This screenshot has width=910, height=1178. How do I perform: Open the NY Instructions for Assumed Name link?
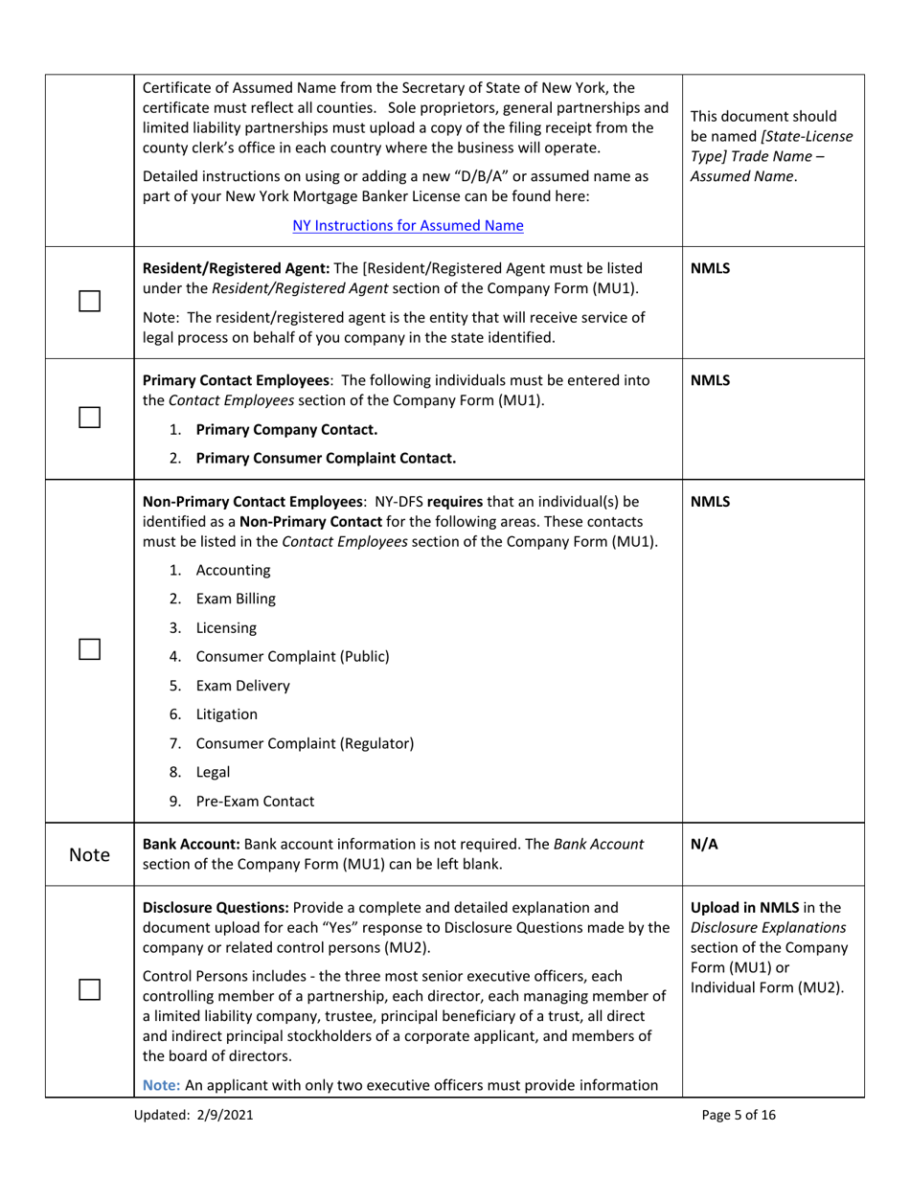click(408, 226)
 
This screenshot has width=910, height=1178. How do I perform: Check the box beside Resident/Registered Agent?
click(90, 302)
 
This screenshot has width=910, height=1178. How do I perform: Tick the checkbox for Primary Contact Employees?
click(90, 418)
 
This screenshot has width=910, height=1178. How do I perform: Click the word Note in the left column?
click(90, 854)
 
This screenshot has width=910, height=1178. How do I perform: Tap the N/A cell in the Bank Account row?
click(704, 845)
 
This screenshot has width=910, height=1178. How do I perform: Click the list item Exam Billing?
click(235, 600)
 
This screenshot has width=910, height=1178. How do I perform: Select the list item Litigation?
click(226, 714)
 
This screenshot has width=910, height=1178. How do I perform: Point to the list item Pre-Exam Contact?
click(254, 802)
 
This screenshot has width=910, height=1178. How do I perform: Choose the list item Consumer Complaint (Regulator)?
click(304, 743)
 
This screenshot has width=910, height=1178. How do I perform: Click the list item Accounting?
click(233, 571)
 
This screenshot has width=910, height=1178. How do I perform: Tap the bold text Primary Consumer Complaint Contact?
click(325, 459)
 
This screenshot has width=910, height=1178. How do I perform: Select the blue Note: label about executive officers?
click(162, 1086)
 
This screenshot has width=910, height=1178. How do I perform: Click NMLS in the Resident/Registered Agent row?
click(710, 269)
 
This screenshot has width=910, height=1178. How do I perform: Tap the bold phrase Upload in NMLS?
click(744, 908)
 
